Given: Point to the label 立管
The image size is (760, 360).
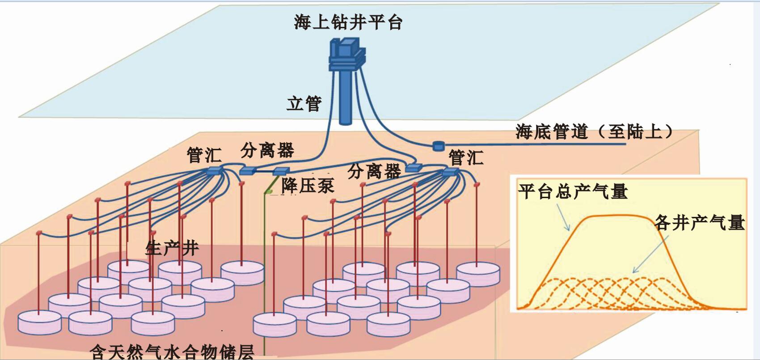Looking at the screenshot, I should pyautogui.click(x=304, y=104).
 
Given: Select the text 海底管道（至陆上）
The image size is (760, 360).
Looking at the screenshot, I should pyautogui.click(x=594, y=131).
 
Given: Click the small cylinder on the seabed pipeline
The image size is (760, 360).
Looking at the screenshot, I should pyautogui.click(x=438, y=145).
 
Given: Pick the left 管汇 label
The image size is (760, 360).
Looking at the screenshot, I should pyautogui.click(x=204, y=155).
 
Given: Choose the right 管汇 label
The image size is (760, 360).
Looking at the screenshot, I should pyautogui.click(x=466, y=157).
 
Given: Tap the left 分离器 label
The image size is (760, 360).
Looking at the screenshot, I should pyautogui.click(x=267, y=151).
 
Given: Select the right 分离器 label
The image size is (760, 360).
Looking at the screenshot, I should pyautogui.click(x=374, y=171).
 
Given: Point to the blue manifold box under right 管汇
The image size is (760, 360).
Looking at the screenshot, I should pyautogui.click(x=450, y=172).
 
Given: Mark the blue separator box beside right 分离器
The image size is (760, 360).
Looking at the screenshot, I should pyautogui.click(x=414, y=168).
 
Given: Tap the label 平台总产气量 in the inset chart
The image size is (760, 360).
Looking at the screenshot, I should pyautogui.click(x=573, y=191).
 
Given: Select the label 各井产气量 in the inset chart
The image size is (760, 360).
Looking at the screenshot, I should pyautogui.click(x=699, y=222).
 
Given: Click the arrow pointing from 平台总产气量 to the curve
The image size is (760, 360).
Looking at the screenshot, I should pyautogui.click(x=563, y=217).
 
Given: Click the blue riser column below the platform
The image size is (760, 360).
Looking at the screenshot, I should pyautogui.click(x=345, y=98).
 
